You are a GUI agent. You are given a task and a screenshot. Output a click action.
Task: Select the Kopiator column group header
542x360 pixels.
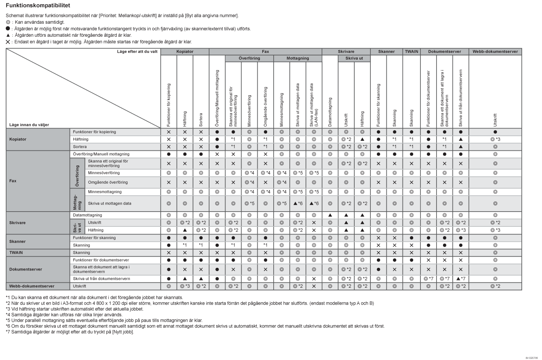[x=185, y=52]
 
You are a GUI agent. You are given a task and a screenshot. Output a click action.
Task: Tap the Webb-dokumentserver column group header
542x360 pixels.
[x=495, y=52]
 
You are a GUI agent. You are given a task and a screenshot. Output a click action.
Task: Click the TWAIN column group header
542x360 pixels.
[x=411, y=52]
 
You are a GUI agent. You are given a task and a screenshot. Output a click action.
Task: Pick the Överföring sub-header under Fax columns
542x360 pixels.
[x=249, y=59]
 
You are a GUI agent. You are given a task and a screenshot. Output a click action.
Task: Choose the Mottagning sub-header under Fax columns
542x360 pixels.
[x=297, y=59]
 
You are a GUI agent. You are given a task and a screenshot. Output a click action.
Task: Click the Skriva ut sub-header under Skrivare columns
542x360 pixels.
[x=354, y=59]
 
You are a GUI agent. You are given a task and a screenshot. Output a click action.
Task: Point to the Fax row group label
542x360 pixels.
[x=13, y=181]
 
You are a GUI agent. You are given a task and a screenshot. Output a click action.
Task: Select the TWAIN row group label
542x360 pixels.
[x=16, y=252]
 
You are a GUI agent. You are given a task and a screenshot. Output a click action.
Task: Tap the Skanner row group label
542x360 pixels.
[x=18, y=241]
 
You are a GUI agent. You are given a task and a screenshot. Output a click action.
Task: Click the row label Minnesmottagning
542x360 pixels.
[x=105, y=192]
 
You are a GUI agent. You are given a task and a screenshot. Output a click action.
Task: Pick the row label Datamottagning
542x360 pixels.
[x=88, y=215]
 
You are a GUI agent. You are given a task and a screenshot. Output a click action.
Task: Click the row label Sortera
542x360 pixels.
[x=80, y=147]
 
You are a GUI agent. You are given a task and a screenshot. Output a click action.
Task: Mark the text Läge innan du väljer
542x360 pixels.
[x=29, y=125]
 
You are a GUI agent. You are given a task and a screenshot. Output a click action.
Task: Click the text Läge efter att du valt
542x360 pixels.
[x=137, y=52]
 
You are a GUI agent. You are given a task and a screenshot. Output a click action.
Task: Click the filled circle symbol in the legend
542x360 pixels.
[x=8, y=29]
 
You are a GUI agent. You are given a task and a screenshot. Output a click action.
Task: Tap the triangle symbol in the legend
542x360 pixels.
[x=8, y=35]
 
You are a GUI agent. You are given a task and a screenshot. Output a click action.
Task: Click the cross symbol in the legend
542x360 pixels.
[x=8, y=42]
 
